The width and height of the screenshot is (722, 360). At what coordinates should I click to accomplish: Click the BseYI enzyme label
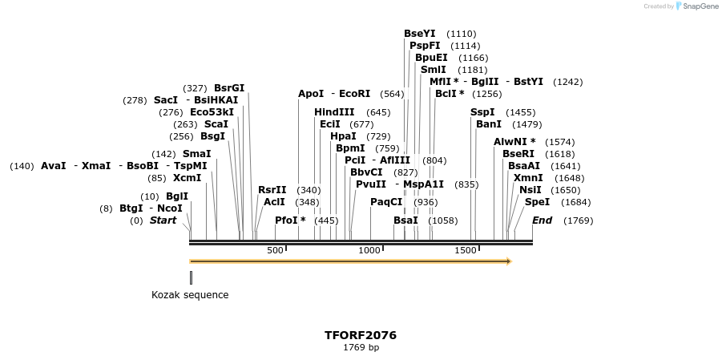(x=419, y=34)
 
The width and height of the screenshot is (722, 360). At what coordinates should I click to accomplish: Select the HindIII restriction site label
(x=334, y=112)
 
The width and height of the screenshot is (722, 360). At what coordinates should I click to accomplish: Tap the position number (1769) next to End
(x=579, y=220)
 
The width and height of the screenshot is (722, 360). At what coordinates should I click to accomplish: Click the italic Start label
(x=163, y=220)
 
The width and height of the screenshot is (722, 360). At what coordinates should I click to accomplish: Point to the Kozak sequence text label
(x=190, y=295)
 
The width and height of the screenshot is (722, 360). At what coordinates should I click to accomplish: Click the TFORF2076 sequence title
(x=361, y=335)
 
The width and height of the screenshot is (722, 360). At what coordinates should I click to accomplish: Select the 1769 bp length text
(x=361, y=348)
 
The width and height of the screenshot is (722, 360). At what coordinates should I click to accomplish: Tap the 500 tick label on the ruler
(x=275, y=250)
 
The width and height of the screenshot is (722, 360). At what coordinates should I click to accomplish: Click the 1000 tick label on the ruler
(x=369, y=250)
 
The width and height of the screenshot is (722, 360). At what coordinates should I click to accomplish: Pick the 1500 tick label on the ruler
(x=466, y=250)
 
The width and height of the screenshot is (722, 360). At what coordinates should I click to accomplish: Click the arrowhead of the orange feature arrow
(x=507, y=261)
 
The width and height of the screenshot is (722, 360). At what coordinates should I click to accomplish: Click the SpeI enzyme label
(x=537, y=202)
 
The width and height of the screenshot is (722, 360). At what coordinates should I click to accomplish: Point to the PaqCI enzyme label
(x=386, y=202)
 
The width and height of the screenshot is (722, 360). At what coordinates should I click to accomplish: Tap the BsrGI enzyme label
(x=229, y=88)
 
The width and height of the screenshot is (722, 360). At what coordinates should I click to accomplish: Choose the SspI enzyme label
(x=482, y=112)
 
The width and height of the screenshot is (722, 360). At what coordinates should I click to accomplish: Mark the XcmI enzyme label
(x=187, y=178)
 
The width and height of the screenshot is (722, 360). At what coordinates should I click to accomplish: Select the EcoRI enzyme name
(x=355, y=94)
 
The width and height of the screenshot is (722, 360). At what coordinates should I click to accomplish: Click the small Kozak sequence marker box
(x=191, y=277)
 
